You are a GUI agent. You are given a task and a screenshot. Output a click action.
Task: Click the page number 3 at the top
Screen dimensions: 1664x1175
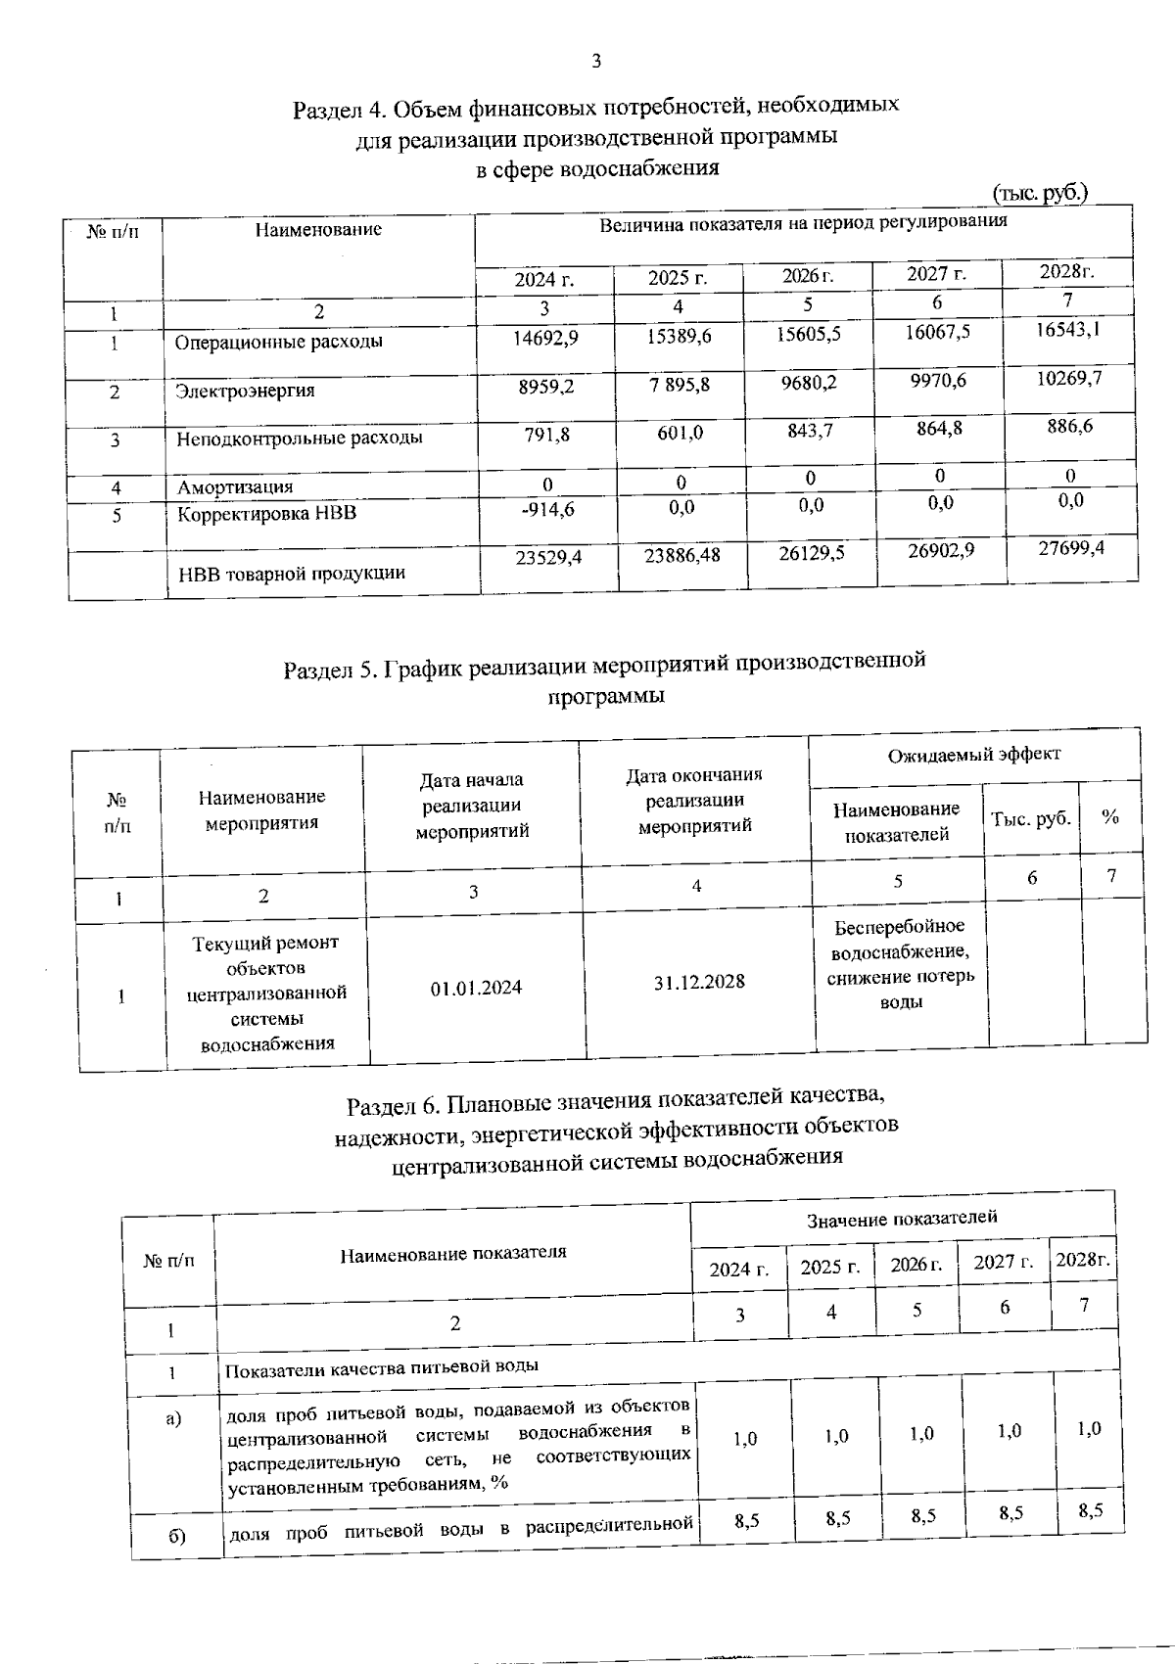[596, 62]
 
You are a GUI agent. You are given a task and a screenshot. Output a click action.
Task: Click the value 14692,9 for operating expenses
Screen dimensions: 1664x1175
[546, 338]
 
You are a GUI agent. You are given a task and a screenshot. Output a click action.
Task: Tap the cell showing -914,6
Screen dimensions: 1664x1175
[546, 510]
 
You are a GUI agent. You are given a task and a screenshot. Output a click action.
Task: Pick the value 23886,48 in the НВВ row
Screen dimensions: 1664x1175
[681, 555]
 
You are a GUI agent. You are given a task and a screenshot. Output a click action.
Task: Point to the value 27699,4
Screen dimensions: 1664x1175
[1071, 547]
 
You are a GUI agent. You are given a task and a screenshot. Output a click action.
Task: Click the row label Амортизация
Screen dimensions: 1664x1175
[234, 486]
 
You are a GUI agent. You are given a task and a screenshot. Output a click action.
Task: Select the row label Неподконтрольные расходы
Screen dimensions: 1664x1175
[299, 438]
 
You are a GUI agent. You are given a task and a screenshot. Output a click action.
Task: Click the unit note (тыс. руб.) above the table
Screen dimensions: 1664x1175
[1039, 193]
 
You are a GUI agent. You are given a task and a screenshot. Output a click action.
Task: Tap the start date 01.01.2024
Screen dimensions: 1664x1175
[476, 988]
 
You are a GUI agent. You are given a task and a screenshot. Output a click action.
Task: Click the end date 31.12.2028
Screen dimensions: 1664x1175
[699, 981]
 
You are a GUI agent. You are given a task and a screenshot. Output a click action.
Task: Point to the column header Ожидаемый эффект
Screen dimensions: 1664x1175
[973, 755]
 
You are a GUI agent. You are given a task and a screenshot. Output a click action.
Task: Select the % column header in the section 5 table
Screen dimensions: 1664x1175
[1109, 816]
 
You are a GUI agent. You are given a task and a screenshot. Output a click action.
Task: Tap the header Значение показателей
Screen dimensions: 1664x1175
[902, 1218]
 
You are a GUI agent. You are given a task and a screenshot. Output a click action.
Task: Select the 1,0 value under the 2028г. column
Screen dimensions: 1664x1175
[1089, 1428]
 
